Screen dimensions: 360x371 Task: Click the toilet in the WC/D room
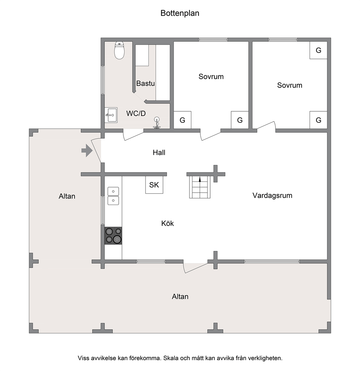[119, 50]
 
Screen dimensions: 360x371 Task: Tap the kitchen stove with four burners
[113, 236]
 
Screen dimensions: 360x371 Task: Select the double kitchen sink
[113, 196]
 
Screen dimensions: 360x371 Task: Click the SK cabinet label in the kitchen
[154, 185]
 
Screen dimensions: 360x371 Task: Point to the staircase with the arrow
[200, 187]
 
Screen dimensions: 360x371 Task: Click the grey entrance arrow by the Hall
[87, 151]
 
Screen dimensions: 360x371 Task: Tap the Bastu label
[146, 83]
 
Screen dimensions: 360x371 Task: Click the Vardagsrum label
[273, 195]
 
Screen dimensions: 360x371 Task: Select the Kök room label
[167, 223]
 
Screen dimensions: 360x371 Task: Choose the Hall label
[159, 153]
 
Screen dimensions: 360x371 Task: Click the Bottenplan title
[180, 13]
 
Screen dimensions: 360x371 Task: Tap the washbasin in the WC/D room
[111, 115]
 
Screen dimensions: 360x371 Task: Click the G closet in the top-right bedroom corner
[319, 50]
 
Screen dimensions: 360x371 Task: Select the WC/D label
[136, 114]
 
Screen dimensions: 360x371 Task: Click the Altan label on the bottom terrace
[180, 296]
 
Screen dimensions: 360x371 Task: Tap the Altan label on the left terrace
[67, 196]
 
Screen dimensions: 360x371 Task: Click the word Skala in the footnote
[171, 358]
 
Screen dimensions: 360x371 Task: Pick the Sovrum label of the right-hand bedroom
[290, 85]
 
